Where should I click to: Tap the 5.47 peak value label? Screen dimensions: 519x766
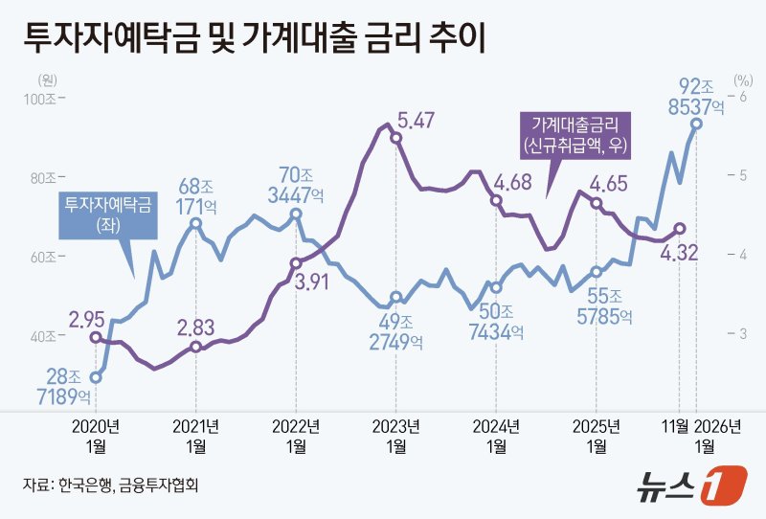point(417,121)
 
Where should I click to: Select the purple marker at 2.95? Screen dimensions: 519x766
point(96,337)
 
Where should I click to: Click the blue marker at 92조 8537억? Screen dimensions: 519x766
point(696,124)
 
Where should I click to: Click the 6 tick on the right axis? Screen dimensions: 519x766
point(738,99)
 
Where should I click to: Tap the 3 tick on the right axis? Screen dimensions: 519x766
point(738,333)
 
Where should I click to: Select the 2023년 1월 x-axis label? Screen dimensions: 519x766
point(395,436)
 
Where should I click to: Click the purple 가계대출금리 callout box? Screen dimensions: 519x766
point(574,134)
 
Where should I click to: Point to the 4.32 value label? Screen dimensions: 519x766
point(678,253)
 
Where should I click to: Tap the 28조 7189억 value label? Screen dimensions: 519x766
point(69,385)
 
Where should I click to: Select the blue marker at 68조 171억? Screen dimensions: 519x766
point(195,223)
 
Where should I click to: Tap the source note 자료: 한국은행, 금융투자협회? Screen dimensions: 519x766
point(110,485)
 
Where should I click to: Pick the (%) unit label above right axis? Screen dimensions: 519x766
point(743,81)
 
